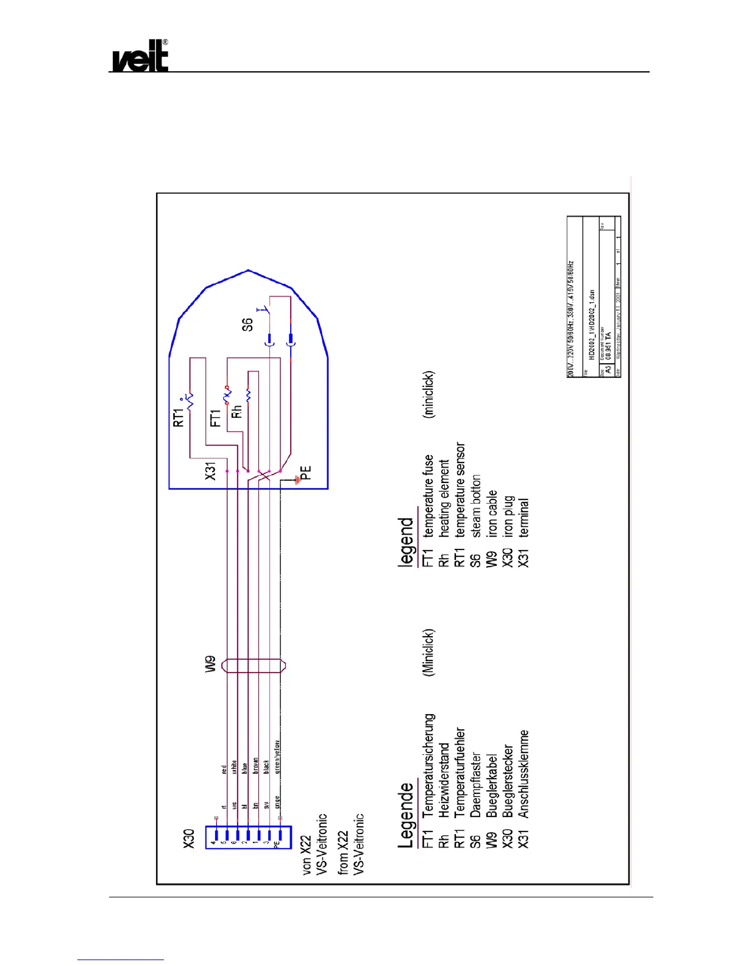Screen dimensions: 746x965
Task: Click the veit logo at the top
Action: pyautogui.click(x=140, y=56)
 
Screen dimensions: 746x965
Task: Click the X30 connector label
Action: pyautogui.click(x=189, y=839)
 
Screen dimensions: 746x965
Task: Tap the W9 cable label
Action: pyautogui.click(x=210, y=664)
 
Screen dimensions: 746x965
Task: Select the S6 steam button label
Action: pyautogui.click(x=247, y=325)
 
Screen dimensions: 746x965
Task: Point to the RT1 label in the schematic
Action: pyautogui.click(x=178, y=417)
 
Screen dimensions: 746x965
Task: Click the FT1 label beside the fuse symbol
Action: pyautogui.click(x=215, y=418)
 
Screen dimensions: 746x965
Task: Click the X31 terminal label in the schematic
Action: pyautogui.click(x=210, y=471)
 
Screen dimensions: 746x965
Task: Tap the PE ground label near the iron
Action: pyautogui.click(x=306, y=473)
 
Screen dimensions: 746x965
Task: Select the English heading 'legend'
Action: pyautogui.click(x=406, y=542)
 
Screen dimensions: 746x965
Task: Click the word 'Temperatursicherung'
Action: pyautogui.click(x=429, y=765)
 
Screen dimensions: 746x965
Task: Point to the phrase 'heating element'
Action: pyautogui.click(x=444, y=498)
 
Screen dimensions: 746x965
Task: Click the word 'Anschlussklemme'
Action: pyautogui.click(x=524, y=774)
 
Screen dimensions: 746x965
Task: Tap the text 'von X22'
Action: pyautogui.click(x=307, y=855)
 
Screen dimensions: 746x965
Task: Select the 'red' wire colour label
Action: pyautogui.click(x=224, y=769)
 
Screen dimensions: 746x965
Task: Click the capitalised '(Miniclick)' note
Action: pyautogui.click(x=428, y=652)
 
